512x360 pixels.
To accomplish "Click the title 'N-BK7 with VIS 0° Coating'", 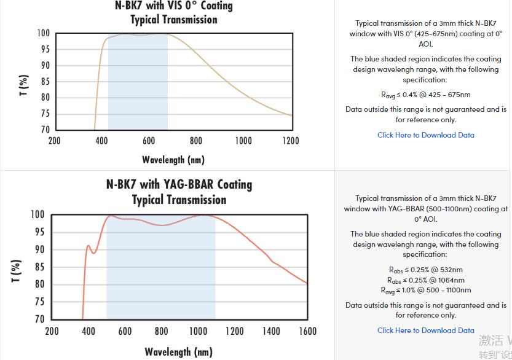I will [174, 6].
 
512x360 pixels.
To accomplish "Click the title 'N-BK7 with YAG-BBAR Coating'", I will [179, 184].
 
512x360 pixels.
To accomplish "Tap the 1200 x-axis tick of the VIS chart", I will [290, 141].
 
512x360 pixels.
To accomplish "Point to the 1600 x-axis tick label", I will [307, 331].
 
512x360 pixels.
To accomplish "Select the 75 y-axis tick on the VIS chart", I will [44, 114].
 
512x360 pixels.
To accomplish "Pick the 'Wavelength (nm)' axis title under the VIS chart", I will [173, 160].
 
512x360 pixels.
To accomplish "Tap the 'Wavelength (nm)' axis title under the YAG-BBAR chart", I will [178, 352].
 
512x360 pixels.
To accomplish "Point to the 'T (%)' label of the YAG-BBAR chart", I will [17, 271].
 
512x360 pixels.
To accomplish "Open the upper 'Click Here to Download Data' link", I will [425, 135].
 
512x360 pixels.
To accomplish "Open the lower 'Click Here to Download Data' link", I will [425, 331].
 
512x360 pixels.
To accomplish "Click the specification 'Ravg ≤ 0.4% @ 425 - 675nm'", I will [425, 95].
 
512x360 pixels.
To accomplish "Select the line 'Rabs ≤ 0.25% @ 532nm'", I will [425, 270].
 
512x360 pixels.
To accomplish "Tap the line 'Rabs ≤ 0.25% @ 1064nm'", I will [425, 280].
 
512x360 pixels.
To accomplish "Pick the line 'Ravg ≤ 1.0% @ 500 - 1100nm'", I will [425, 290].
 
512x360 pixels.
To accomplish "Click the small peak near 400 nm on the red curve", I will [88, 246].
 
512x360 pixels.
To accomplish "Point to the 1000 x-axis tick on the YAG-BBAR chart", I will [198, 331].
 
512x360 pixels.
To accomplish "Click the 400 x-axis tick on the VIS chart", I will [102, 141].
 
